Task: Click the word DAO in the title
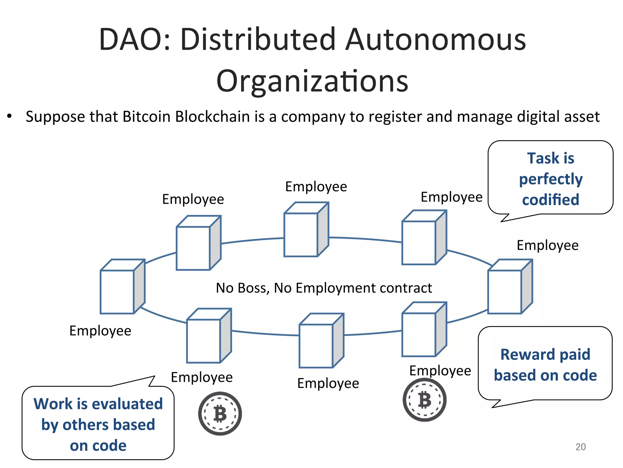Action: click(133, 40)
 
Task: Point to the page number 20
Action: click(580, 447)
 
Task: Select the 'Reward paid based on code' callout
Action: click(545, 364)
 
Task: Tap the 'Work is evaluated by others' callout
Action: click(98, 424)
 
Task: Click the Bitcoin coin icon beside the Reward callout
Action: click(424, 400)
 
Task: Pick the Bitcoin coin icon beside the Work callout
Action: click(220, 413)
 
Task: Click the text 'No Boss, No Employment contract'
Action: click(324, 288)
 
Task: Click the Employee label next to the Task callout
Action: click(451, 197)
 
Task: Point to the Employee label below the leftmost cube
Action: click(100, 331)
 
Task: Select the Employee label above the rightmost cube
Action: click(547, 245)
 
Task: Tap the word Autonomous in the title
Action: click(436, 40)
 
